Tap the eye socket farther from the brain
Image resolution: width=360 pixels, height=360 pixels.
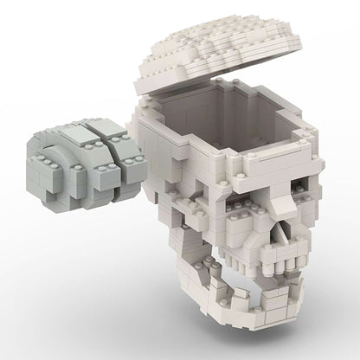pos(307,178)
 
